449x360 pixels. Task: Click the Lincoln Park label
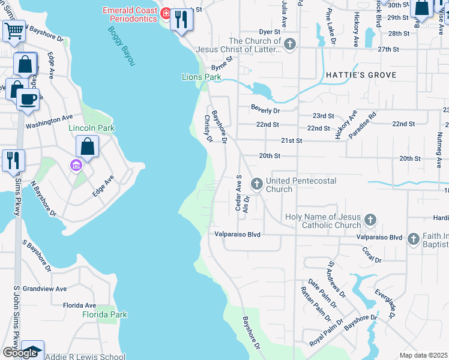point(91,128)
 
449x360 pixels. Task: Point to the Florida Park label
point(105,314)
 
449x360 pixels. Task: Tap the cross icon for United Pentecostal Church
point(257,183)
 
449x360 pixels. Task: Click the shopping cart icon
point(14,30)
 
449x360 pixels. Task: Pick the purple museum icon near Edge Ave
point(76,164)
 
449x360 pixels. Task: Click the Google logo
point(19,353)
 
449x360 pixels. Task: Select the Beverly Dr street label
point(265,110)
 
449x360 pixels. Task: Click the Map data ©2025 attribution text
point(423,355)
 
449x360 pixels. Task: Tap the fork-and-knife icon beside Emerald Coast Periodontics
point(181,19)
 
